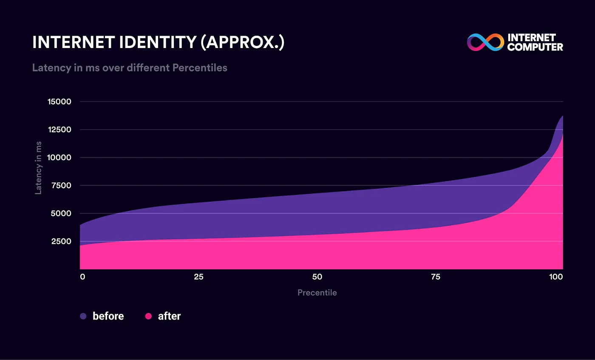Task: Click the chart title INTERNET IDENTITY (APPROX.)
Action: [158, 43]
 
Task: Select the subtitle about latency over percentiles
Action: [130, 68]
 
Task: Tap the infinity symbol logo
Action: [485, 43]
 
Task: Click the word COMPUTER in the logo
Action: [535, 47]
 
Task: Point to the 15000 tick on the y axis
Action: [59, 102]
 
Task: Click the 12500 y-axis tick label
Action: [59, 130]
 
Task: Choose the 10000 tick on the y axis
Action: [59, 158]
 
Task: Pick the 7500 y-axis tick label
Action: [61, 185]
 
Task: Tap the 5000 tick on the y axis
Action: [61, 213]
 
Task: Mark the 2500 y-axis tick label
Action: [61, 241]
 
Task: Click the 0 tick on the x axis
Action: [82, 277]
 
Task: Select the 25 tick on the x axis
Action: [198, 277]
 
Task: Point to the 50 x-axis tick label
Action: [317, 277]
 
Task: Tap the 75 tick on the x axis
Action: [435, 277]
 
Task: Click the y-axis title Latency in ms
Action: [38, 167]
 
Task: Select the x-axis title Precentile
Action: [317, 293]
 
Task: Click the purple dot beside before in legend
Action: [83, 316]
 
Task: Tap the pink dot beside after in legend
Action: [148, 316]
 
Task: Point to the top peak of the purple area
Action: [562, 116]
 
